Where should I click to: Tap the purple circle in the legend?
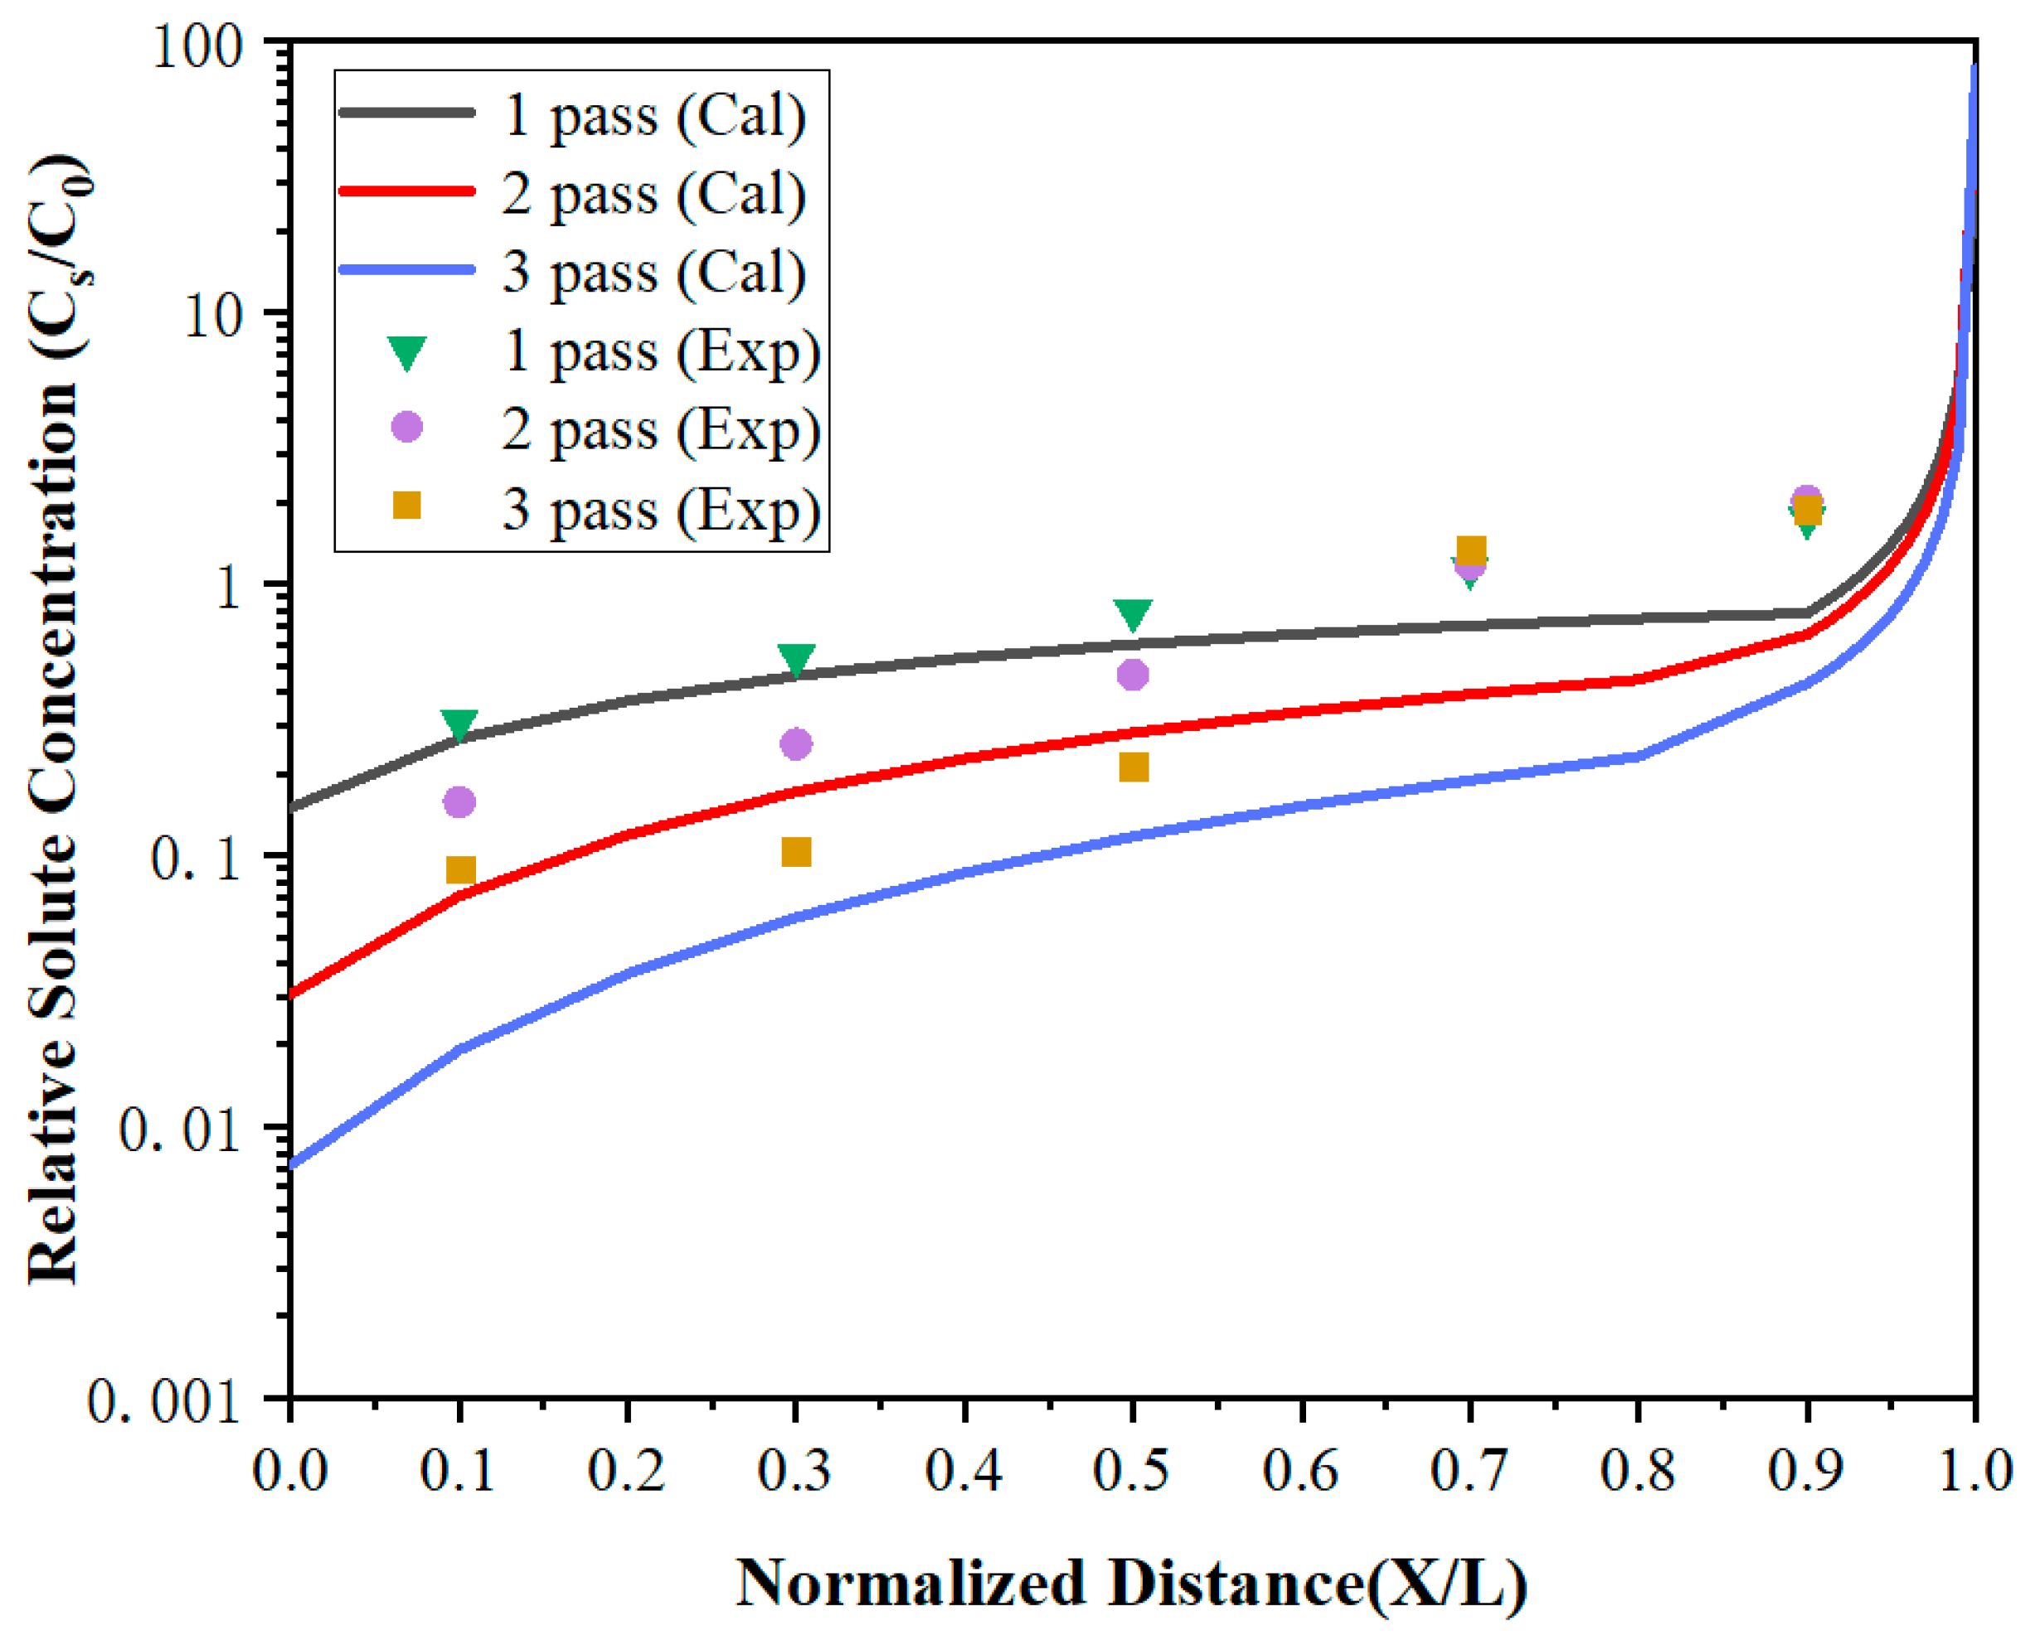tap(406, 428)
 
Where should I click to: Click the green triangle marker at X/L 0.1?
tap(459, 724)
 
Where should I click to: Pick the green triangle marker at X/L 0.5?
tap(1133, 613)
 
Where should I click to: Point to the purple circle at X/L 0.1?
tap(459, 801)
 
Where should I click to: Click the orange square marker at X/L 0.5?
tap(1134, 767)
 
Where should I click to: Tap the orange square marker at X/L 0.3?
tap(796, 852)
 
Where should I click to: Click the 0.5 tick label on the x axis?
tap(1132, 1473)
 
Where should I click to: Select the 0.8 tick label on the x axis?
tap(1638, 1473)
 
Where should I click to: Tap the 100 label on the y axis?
tap(197, 45)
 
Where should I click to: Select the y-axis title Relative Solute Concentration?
tap(55, 720)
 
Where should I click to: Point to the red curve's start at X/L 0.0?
tap(293, 995)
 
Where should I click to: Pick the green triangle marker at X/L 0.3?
tap(796, 659)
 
